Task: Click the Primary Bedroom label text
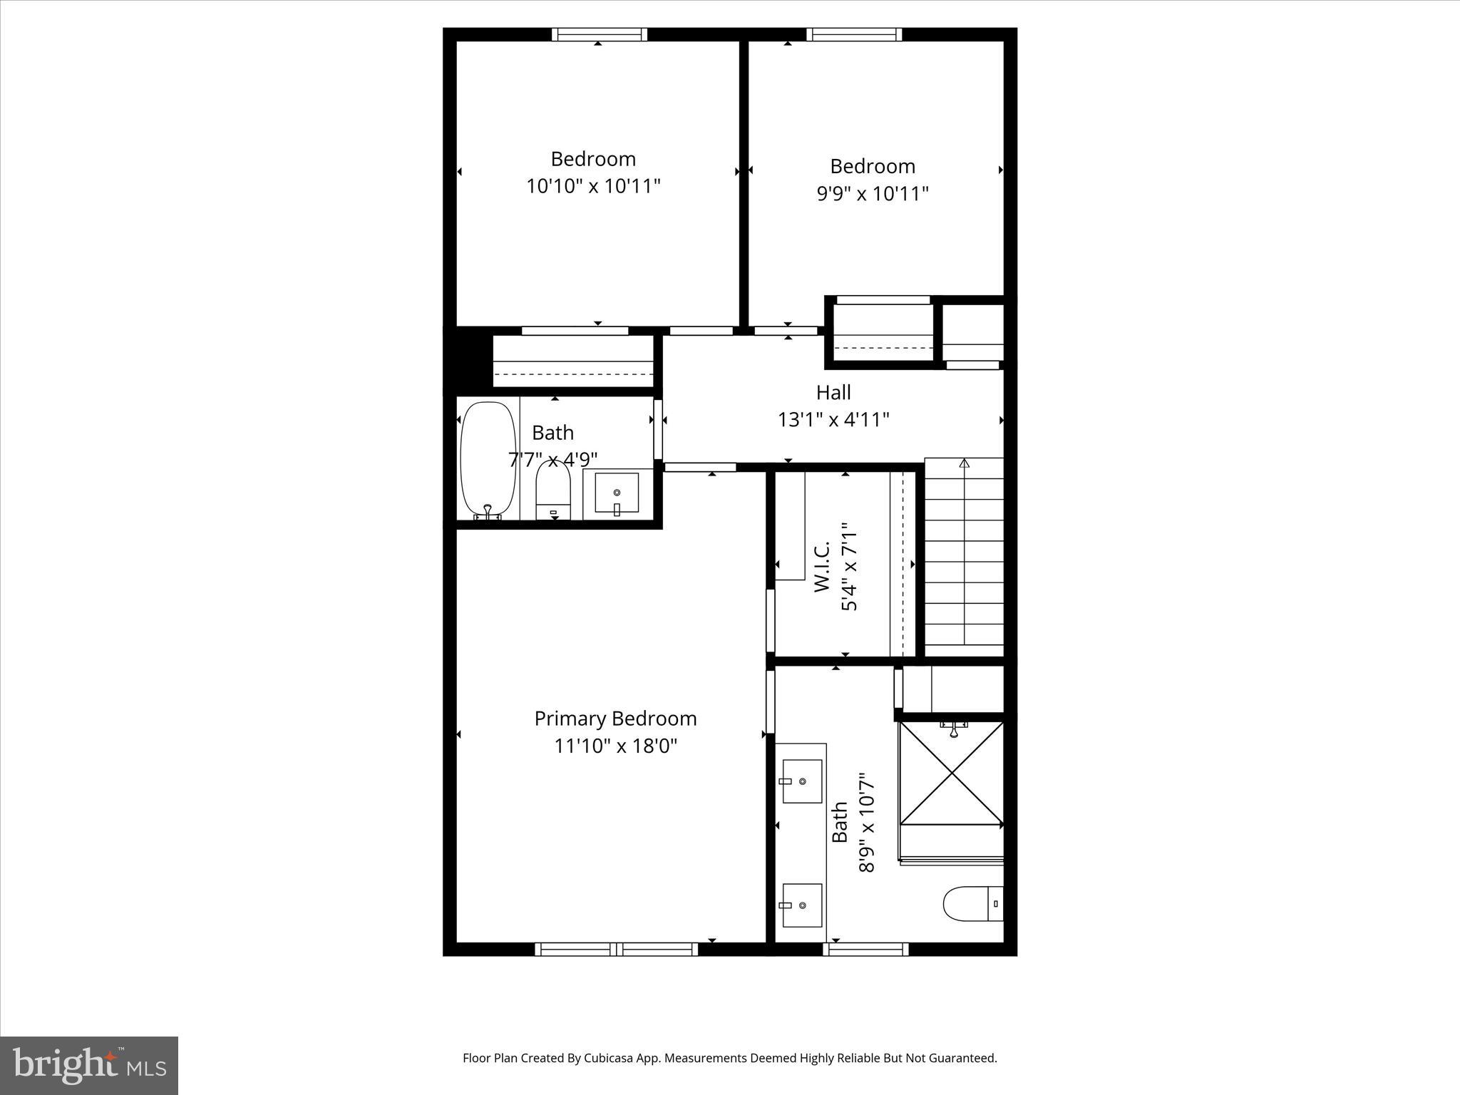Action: click(x=615, y=719)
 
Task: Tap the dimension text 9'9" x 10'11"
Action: click(x=872, y=194)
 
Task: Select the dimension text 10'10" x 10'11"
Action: click(x=593, y=186)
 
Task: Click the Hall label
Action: click(x=833, y=392)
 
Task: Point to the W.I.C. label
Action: click(x=822, y=567)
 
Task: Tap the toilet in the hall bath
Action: click(x=553, y=491)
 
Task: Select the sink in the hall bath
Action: click(x=617, y=493)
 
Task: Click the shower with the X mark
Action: click(x=951, y=773)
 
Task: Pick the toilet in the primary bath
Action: click(x=973, y=904)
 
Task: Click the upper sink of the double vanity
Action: click(x=802, y=781)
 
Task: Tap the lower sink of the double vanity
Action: click(x=802, y=905)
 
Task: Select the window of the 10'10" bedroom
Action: click(x=599, y=34)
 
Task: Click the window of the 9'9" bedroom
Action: click(x=854, y=34)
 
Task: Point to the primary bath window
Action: click(x=865, y=949)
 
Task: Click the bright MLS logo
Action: click(x=89, y=1065)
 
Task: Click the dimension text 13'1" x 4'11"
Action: click(x=833, y=419)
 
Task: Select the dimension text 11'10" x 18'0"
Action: click(x=615, y=746)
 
